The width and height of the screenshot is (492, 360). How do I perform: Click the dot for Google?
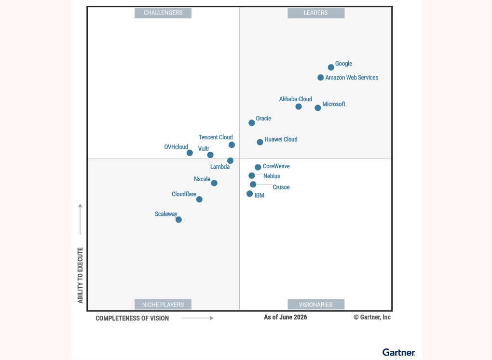(331, 67)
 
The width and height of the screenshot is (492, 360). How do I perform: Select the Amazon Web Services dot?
(320, 78)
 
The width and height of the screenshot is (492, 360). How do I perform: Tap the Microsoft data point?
(318, 108)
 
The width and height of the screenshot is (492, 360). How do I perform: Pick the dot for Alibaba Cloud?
(299, 107)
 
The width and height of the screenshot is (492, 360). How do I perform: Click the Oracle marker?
(252, 123)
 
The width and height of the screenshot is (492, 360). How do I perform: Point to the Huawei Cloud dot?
(260, 142)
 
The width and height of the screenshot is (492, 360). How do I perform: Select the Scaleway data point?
(178, 220)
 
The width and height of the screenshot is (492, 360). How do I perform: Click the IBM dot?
(249, 194)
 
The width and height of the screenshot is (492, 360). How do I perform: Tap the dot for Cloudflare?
(199, 200)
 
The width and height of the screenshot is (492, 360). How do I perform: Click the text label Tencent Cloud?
(216, 137)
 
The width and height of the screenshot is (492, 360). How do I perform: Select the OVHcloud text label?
(176, 147)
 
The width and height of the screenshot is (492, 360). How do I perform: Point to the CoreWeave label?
(276, 166)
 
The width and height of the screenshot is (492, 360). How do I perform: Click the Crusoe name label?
(281, 187)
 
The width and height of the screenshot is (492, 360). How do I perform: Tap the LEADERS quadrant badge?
(316, 13)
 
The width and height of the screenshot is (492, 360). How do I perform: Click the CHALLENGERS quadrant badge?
(163, 13)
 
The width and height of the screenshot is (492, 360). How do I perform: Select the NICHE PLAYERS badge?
(163, 305)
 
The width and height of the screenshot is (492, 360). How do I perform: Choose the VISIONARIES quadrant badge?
(316, 305)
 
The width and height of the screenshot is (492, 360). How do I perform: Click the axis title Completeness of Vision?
(132, 318)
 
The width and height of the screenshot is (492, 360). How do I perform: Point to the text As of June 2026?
(285, 318)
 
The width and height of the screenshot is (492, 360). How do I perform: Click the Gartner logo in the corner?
(398, 352)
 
